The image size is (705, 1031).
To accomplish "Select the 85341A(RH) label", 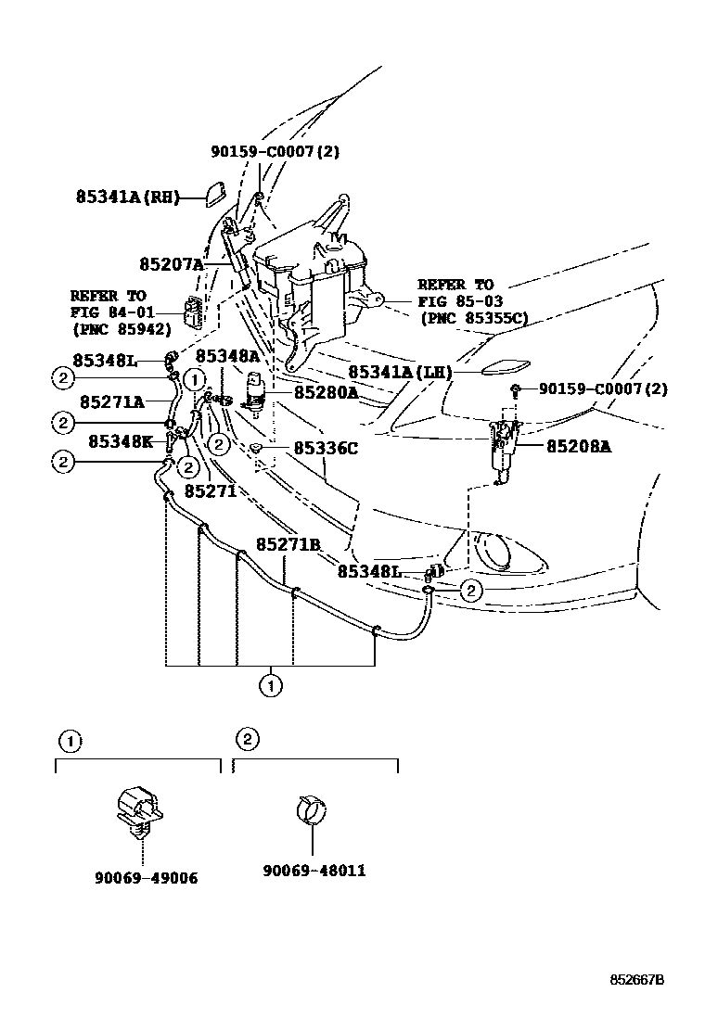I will [125, 197].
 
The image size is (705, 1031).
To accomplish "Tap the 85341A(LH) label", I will [400, 372].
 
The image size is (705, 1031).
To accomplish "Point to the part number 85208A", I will [579, 446].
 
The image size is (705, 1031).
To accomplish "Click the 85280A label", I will [327, 392].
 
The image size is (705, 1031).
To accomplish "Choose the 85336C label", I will [326, 449].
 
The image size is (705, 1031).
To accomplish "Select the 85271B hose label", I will [288, 544].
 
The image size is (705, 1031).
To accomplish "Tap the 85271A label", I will [111, 401].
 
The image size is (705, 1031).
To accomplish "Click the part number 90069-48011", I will [314, 871].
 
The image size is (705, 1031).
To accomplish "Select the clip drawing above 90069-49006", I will [137, 807].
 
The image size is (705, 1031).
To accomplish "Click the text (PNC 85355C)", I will [473, 318].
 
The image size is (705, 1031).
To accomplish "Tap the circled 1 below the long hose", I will [270, 687].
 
